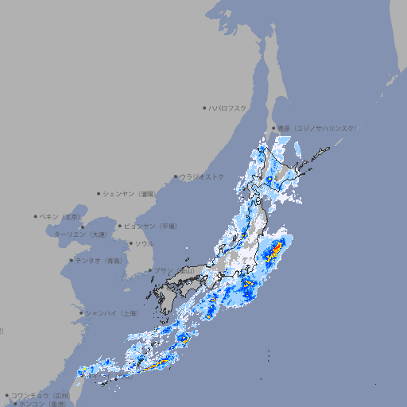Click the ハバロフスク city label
[228, 107]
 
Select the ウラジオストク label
[202, 176]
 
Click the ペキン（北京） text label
[61, 216]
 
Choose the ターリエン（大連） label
[79, 235]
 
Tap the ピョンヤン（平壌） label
[150, 226]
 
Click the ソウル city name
[144, 243]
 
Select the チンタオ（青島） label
[99, 260]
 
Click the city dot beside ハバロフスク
[204, 107]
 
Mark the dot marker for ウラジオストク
[176, 176]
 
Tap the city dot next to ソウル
[130, 243]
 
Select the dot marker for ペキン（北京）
[36, 216]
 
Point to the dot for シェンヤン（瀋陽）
[99, 193]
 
